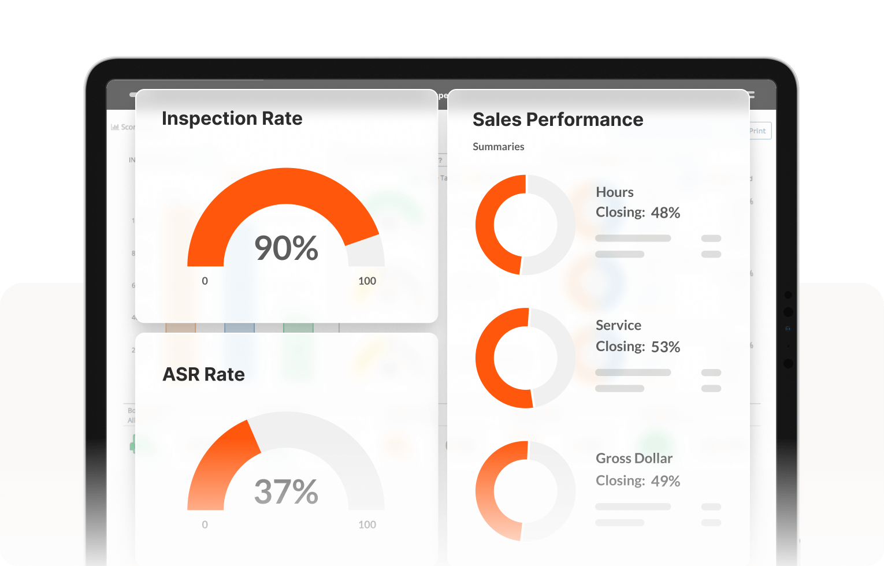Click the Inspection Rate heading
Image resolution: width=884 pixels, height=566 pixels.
232,118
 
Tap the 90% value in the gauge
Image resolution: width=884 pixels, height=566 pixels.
286,248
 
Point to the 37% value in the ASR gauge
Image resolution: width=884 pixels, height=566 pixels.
286,491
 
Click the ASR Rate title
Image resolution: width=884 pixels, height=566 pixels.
203,374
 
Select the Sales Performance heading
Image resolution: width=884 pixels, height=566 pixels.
558,120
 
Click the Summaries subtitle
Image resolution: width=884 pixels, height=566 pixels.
498,147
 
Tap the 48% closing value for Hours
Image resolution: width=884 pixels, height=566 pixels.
666,213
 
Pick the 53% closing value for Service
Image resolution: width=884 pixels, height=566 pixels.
666,347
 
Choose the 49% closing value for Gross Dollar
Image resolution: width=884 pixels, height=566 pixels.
666,481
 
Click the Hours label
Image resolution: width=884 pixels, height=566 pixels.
615,192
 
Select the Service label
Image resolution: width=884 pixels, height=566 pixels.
618,325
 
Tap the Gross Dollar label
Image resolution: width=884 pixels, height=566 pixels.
634,459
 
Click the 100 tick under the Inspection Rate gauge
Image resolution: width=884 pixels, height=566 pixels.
367,281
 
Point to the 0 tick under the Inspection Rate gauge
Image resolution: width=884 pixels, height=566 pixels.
205,281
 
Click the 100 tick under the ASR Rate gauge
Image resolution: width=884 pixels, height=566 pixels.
367,525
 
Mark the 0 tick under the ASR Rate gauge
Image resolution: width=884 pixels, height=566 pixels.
205,525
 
